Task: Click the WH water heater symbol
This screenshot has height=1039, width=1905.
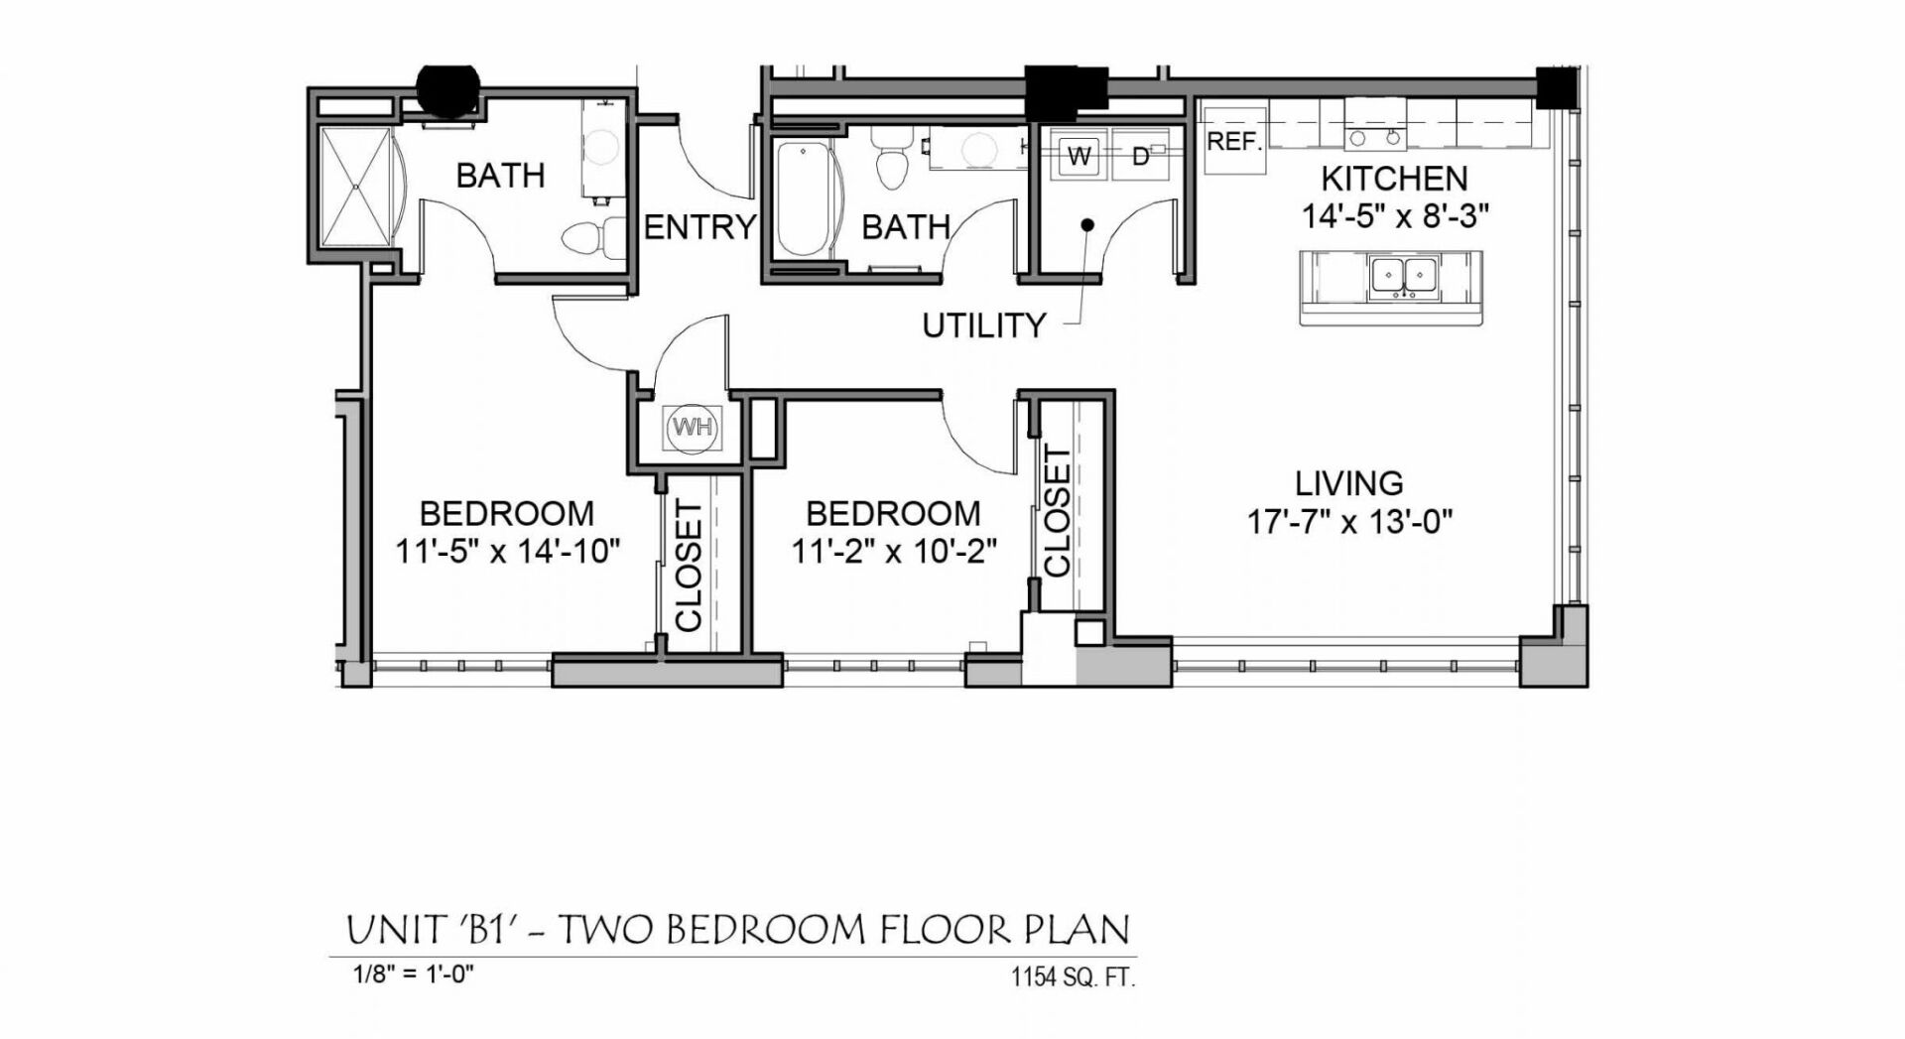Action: point(692,428)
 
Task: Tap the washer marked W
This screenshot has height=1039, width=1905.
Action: point(1079,156)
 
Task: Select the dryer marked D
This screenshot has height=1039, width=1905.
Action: point(1141,156)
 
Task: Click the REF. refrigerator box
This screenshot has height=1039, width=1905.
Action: point(1234,142)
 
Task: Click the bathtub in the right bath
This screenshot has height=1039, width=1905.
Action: point(802,198)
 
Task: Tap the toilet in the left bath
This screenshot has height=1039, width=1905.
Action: point(586,238)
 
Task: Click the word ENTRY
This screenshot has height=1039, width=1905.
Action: point(699,227)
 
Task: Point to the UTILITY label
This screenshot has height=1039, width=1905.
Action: point(983,325)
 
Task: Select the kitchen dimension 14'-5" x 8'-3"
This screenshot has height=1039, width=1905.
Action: point(1395,215)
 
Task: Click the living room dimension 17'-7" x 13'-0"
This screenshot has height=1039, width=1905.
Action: point(1349,521)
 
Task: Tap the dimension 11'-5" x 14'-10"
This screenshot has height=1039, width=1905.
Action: point(508,551)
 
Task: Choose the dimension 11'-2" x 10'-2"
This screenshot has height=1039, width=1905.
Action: point(893,551)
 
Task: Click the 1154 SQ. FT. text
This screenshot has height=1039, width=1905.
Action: point(1073,977)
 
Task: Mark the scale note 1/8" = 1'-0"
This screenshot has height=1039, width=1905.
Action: point(414,974)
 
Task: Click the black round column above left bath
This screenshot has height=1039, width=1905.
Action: point(447,89)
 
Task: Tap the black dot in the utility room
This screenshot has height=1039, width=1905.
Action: point(1087,225)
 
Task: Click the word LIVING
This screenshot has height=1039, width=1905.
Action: point(1348,483)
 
